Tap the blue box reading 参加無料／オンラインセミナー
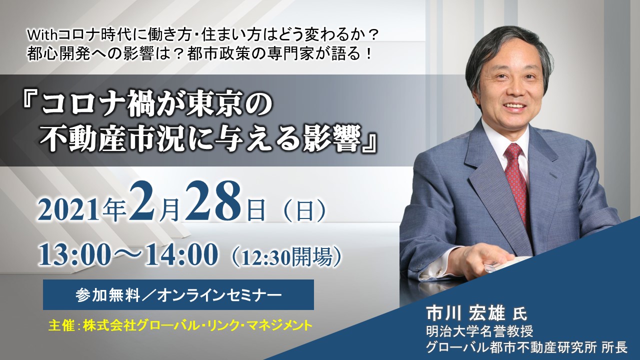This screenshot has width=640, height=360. coord(178,295)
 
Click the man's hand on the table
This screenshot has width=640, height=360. coord(480,260)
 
